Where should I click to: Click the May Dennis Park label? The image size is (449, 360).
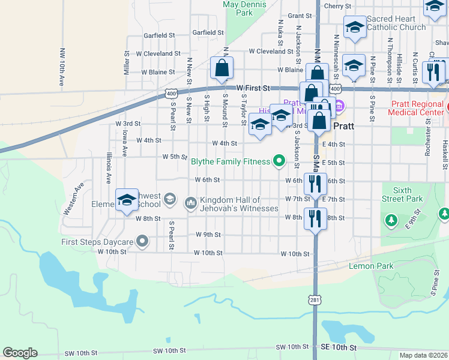238,8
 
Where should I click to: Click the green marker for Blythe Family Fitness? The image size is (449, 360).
279,160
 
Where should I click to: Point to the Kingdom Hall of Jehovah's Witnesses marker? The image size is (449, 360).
191,203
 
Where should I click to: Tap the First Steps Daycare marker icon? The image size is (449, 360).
142,241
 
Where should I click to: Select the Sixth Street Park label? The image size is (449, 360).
402,194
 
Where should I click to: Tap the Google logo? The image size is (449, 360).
20,353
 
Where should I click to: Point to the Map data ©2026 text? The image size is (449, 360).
424,355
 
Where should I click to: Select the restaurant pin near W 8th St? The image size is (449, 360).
315,220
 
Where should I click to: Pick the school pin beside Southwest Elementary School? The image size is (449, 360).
127,202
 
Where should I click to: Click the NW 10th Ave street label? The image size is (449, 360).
62,68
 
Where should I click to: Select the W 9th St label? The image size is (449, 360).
208,235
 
